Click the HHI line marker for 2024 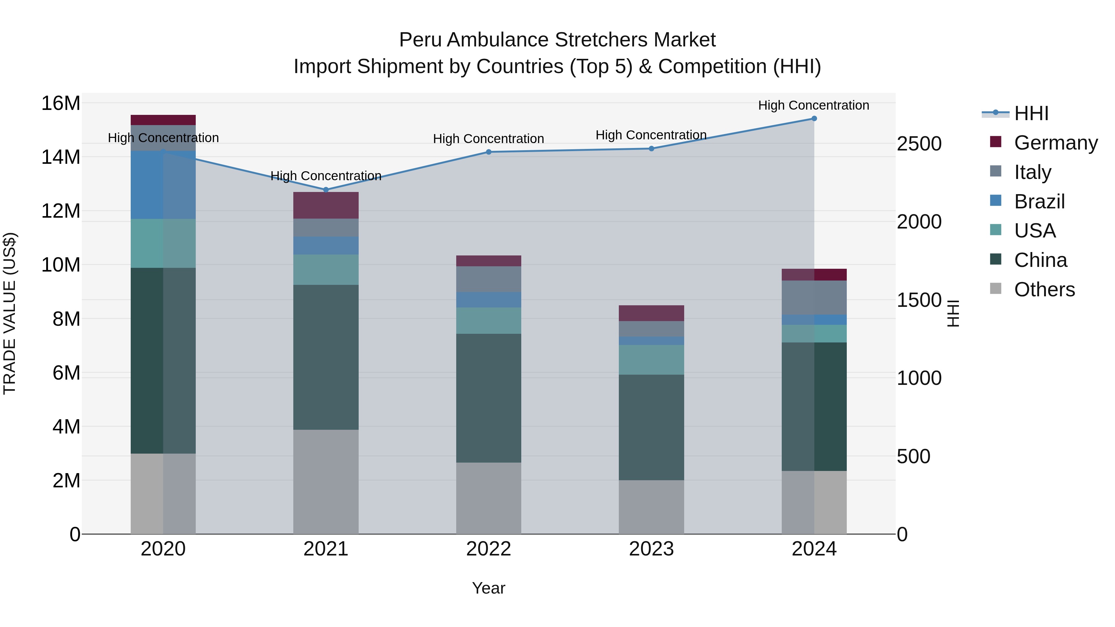tap(814, 119)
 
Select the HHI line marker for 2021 tap(326, 189)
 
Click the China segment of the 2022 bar tap(489, 398)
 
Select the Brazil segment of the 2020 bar tap(163, 185)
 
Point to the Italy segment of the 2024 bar tap(814, 298)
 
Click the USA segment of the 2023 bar tap(651, 359)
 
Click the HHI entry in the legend tap(1031, 113)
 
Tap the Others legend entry tap(1044, 290)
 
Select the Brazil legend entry tap(1039, 202)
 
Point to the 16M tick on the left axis tap(61, 103)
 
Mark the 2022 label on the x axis tap(489, 549)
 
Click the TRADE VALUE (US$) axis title tap(10, 313)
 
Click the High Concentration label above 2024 tap(813, 105)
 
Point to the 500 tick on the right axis tap(913, 456)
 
